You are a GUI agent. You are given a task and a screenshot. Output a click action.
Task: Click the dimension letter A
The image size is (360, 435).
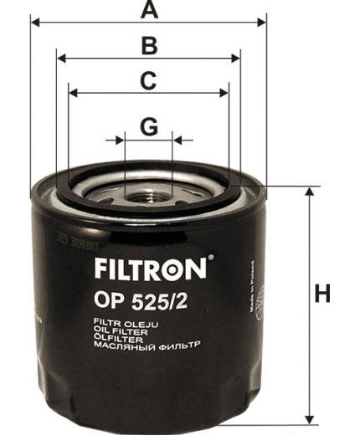[149, 10]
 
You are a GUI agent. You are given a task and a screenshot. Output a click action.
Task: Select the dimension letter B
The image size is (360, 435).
[149, 45]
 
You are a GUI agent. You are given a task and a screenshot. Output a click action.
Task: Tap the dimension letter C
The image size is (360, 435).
[148, 81]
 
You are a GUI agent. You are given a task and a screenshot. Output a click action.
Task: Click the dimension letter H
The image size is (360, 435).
[322, 294]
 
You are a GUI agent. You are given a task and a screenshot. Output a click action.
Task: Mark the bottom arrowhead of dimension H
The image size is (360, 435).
[309, 418]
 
